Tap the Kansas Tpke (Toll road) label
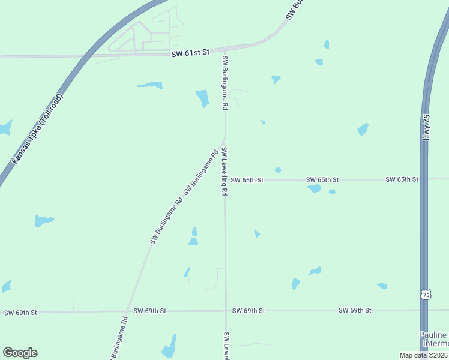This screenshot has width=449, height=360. pos(37,129)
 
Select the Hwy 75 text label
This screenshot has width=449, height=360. pos(427,128)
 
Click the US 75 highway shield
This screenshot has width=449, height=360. pos(426,295)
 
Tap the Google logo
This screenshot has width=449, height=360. pos(20,353)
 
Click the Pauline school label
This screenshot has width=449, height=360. pos(433,339)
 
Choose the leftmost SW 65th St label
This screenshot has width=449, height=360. pos(247,179)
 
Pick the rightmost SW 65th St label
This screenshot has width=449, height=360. pos(402,179)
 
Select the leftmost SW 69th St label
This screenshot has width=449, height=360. pos(20,313)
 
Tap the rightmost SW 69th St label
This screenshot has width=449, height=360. pos(355,310)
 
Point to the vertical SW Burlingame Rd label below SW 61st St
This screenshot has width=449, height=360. pos(225,82)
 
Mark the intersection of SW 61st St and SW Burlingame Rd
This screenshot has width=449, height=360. pos(225,52)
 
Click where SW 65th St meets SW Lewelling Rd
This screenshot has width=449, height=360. pos(225,179)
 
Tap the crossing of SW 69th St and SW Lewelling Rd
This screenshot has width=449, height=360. pos(226,311)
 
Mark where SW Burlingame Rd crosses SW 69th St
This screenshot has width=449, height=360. pos(127,311)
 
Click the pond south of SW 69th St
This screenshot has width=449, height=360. pos(170,347)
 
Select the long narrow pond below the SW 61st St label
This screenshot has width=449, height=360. pos(149,85)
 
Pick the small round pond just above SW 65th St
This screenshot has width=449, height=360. pos(277,170)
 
